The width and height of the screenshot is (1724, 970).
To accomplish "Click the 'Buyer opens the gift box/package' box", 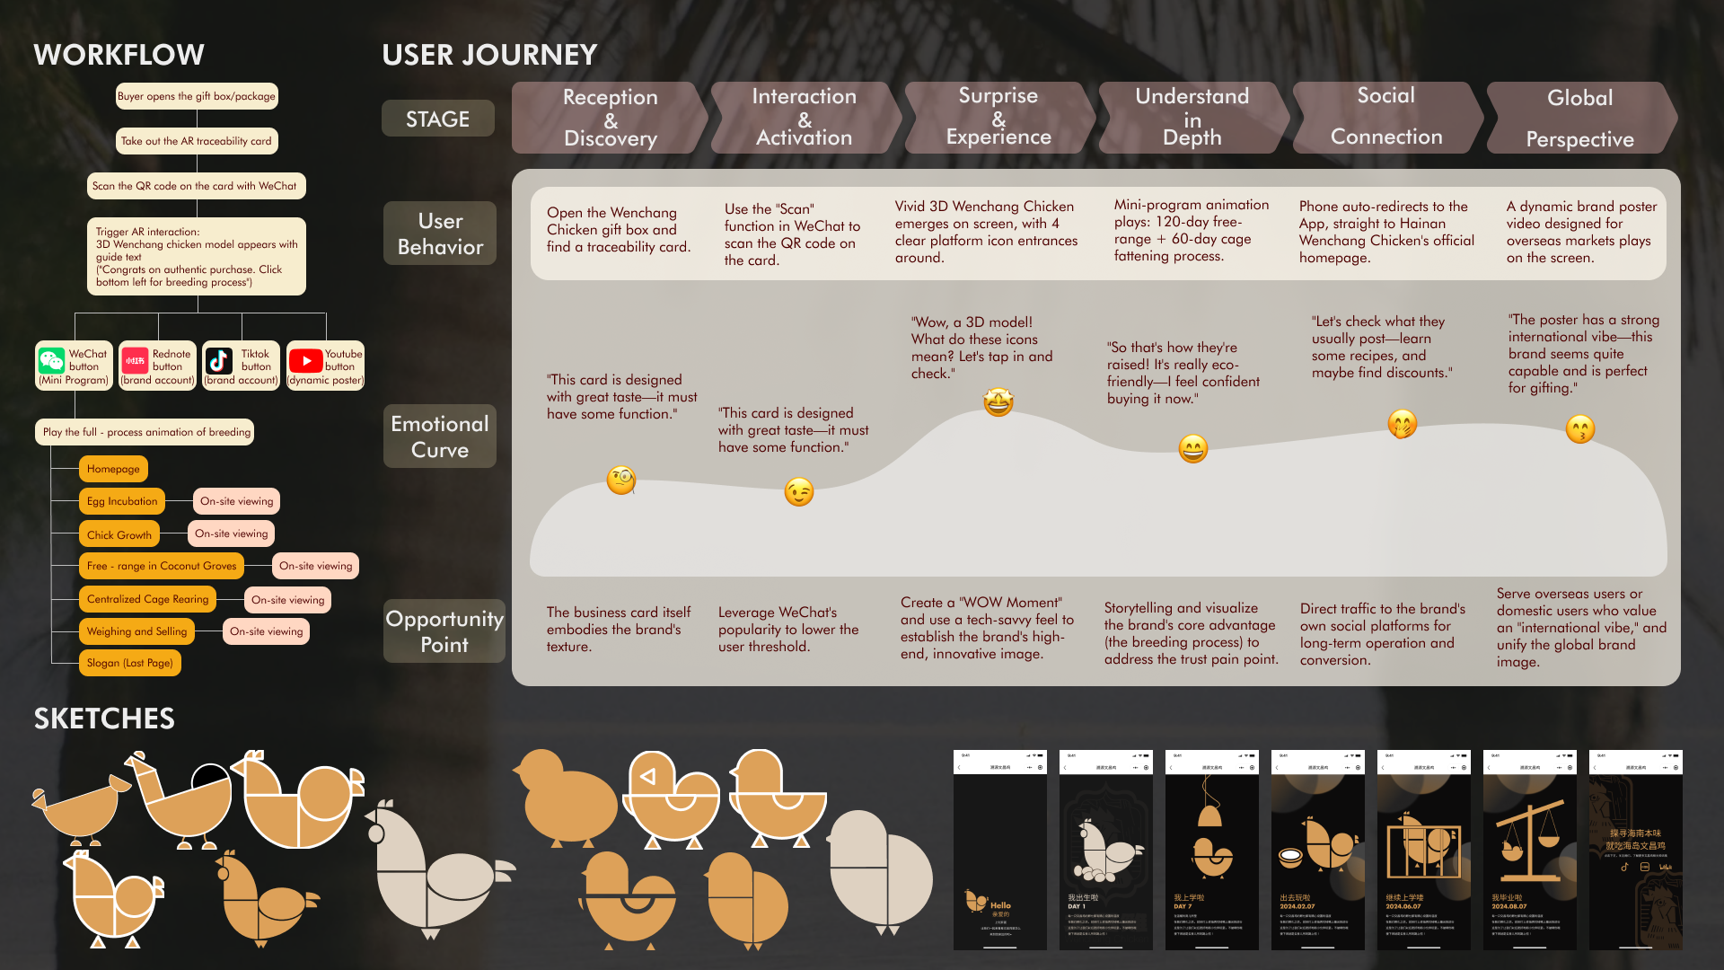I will click(197, 96).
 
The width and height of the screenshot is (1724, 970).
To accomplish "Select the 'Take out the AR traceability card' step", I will click(197, 141).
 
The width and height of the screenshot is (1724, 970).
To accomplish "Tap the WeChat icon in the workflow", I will click(52, 361).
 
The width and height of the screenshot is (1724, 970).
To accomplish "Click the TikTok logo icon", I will click(219, 361).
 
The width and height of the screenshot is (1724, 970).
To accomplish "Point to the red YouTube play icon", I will click(306, 361).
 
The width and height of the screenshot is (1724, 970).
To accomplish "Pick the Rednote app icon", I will click(135, 361).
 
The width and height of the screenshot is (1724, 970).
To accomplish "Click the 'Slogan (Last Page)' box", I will click(130, 663).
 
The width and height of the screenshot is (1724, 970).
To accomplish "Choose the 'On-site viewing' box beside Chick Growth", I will click(232, 533).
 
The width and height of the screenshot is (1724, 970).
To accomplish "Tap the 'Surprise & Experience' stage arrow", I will click(998, 117).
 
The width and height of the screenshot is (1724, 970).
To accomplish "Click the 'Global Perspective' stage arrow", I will click(1580, 118).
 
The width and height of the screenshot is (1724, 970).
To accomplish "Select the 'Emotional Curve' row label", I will click(440, 436).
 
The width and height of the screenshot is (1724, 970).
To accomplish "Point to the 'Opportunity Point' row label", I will click(444, 631).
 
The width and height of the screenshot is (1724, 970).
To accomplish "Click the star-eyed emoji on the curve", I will click(998, 401).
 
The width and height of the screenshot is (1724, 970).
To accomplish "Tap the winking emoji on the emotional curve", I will click(799, 492).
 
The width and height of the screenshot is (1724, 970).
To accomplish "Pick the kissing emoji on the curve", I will click(1580, 429).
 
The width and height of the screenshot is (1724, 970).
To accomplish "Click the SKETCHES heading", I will click(104, 719).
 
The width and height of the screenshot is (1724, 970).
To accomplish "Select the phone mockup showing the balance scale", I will click(1529, 850).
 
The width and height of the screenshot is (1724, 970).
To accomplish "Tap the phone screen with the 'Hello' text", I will click(999, 850).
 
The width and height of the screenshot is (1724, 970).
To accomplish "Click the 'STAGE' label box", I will click(438, 119).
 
